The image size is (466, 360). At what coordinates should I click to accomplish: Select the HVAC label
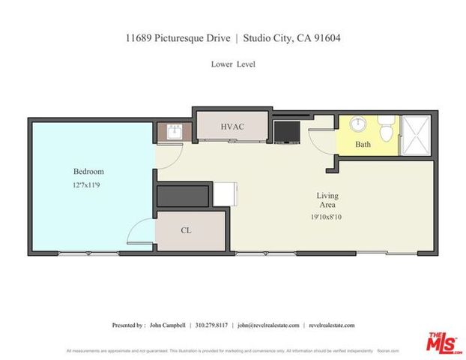pos(232,127)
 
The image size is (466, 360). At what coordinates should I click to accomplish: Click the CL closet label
pos(187,230)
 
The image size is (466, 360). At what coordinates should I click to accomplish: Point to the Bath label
pos(363,144)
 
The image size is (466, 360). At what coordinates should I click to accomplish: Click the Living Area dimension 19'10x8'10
pos(327,217)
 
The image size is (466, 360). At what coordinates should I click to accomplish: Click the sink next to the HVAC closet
pos(175,132)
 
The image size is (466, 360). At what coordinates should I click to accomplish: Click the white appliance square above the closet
pos(225,193)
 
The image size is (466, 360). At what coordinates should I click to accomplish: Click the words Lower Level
pos(233,64)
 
